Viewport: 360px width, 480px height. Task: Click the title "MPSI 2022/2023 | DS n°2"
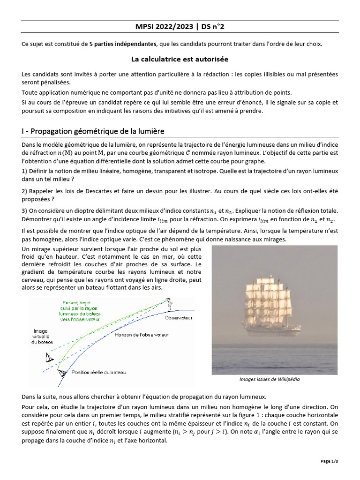coord(180,27)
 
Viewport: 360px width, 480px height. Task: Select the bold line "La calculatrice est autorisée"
coord(180,60)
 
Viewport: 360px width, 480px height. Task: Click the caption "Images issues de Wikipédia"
coord(270,379)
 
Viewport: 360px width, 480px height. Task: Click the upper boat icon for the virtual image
coord(49,358)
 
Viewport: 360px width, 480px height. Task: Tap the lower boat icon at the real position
coord(61,373)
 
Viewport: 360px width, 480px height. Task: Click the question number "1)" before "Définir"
coord(25,172)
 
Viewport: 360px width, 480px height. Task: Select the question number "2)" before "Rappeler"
coord(25,191)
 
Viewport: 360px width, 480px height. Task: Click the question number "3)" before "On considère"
coord(25,211)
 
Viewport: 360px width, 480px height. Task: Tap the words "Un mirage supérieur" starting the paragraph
coord(47,248)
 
